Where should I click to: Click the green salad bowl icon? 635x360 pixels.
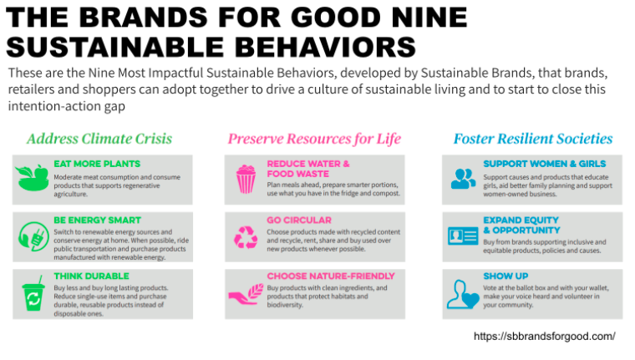32,177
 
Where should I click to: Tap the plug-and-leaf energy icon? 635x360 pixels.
33,236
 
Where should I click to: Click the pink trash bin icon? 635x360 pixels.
246,179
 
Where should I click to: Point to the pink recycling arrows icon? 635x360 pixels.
246,237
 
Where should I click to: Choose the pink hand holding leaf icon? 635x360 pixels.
246,294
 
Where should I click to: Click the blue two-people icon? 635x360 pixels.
463,179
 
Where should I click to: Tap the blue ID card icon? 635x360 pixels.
463,236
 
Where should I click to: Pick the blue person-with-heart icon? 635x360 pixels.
463,294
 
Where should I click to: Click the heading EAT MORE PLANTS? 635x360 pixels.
97,164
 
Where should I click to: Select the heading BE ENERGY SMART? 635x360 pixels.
97,221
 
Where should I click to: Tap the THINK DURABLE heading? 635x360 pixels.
92,276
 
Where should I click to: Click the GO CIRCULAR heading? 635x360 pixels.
299,221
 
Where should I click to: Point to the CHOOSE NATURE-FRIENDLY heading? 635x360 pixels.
331,276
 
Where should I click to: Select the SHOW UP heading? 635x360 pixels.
505,276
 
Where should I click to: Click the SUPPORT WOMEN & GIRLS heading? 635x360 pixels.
544,164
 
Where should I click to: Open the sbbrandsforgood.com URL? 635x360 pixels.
544,337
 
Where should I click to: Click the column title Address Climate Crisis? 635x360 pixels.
99,139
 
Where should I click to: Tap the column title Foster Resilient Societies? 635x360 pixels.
533,139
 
